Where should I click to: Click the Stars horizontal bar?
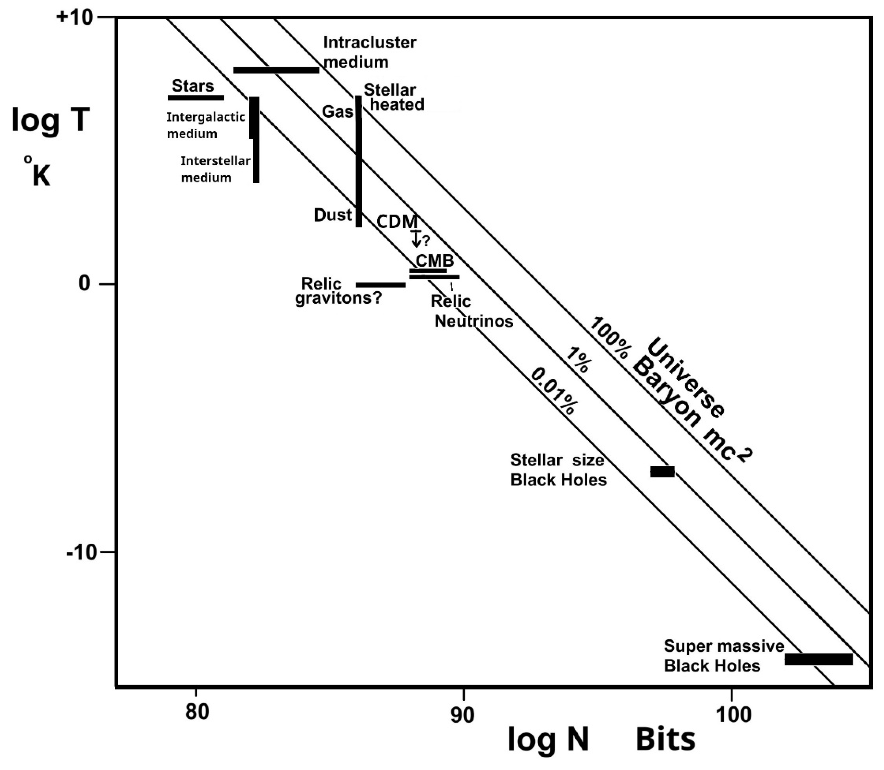196,98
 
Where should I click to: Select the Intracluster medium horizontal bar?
276,70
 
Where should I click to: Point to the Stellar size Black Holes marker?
662,472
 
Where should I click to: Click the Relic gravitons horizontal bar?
381,285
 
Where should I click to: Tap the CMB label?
434,261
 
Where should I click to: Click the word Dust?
333,215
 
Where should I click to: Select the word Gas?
338,112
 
